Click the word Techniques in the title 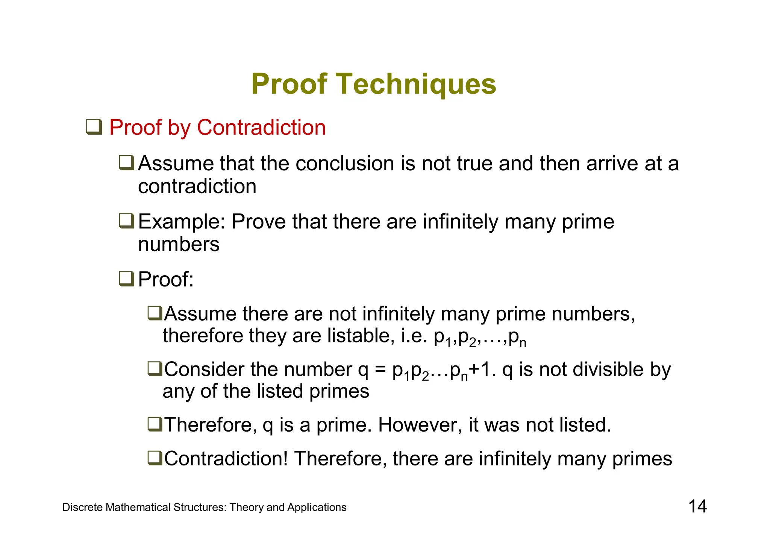pos(415,84)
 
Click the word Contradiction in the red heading pos(261,127)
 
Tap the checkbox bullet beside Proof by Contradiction pos(94,127)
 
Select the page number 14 pos(697,506)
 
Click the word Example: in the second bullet pos(181,221)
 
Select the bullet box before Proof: pos(126,279)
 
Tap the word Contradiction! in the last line pos(226,459)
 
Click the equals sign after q pos(380,370)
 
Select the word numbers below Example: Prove pos(179,245)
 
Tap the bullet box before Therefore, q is pos(155,424)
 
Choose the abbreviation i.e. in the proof pos(414,336)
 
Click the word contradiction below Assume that pos(197,187)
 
